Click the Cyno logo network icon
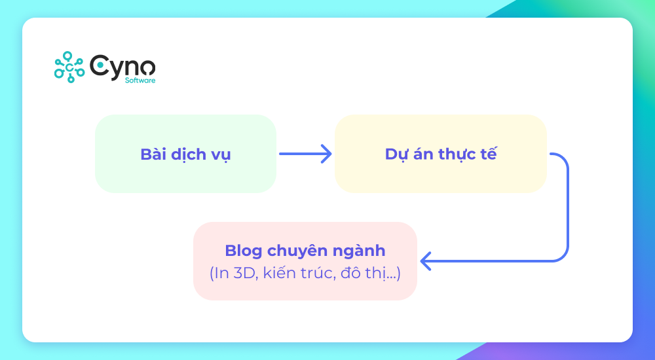click(x=69, y=66)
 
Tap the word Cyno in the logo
click(x=123, y=65)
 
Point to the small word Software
click(x=140, y=81)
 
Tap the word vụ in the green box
click(x=221, y=156)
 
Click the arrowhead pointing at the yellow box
click(x=327, y=154)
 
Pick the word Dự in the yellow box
click(x=395, y=155)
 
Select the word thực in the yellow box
click(x=457, y=155)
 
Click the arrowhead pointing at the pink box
click(x=424, y=261)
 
